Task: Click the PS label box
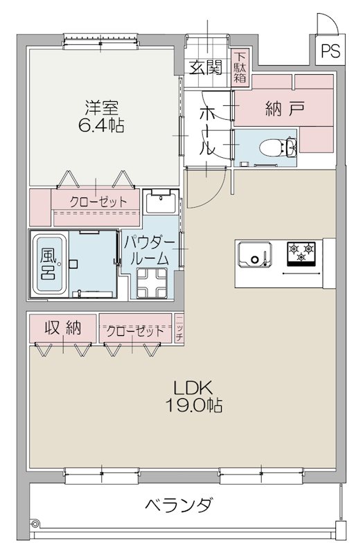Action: pyautogui.click(x=330, y=51)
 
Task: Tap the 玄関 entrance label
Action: pyautogui.click(x=206, y=67)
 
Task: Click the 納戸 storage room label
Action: pyautogui.click(x=284, y=108)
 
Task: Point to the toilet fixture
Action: pyautogui.click(x=281, y=147)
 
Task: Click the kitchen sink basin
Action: pyautogui.click(x=255, y=255)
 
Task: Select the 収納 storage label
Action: pyautogui.click(x=62, y=328)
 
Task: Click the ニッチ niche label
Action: pyautogui.click(x=179, y=328)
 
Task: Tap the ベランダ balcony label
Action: pyautogui.click(x=179, y=505)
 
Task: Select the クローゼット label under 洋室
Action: pyautogui.click(x=98, y=202)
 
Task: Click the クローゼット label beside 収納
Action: pyautogui.click(x=136, y=330)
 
